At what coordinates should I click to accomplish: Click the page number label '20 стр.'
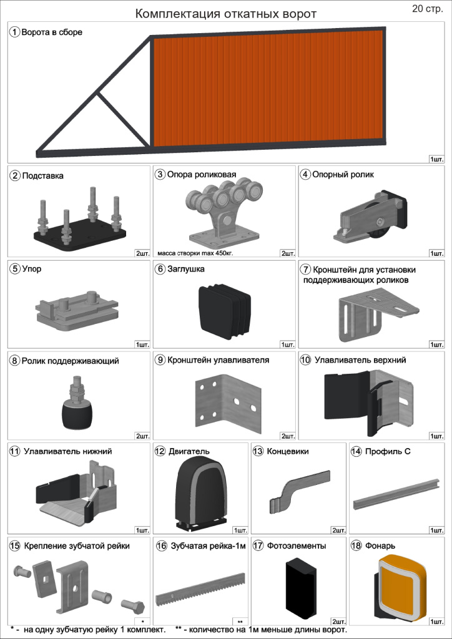(x=427, y=9)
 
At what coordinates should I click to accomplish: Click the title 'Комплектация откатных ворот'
(x=226, y=14)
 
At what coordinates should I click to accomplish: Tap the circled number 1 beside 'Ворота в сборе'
(x=15, y=32)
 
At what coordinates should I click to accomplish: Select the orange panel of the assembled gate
(x=268, y=88)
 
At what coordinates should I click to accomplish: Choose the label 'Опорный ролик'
(x=343, y=175)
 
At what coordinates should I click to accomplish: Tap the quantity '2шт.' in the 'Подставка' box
(x=142, y=253)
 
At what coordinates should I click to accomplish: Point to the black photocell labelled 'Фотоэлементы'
(x=301, y=587)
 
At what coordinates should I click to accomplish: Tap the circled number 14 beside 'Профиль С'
(x=356, y=452)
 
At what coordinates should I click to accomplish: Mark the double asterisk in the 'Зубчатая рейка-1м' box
(x=240, y=622)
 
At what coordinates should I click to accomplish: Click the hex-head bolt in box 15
(x=132, y=603)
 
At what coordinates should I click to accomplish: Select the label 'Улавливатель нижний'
(x=67, y=452)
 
